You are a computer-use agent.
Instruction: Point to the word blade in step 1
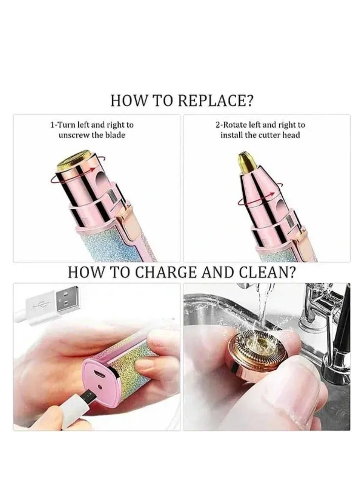click(115, 135)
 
